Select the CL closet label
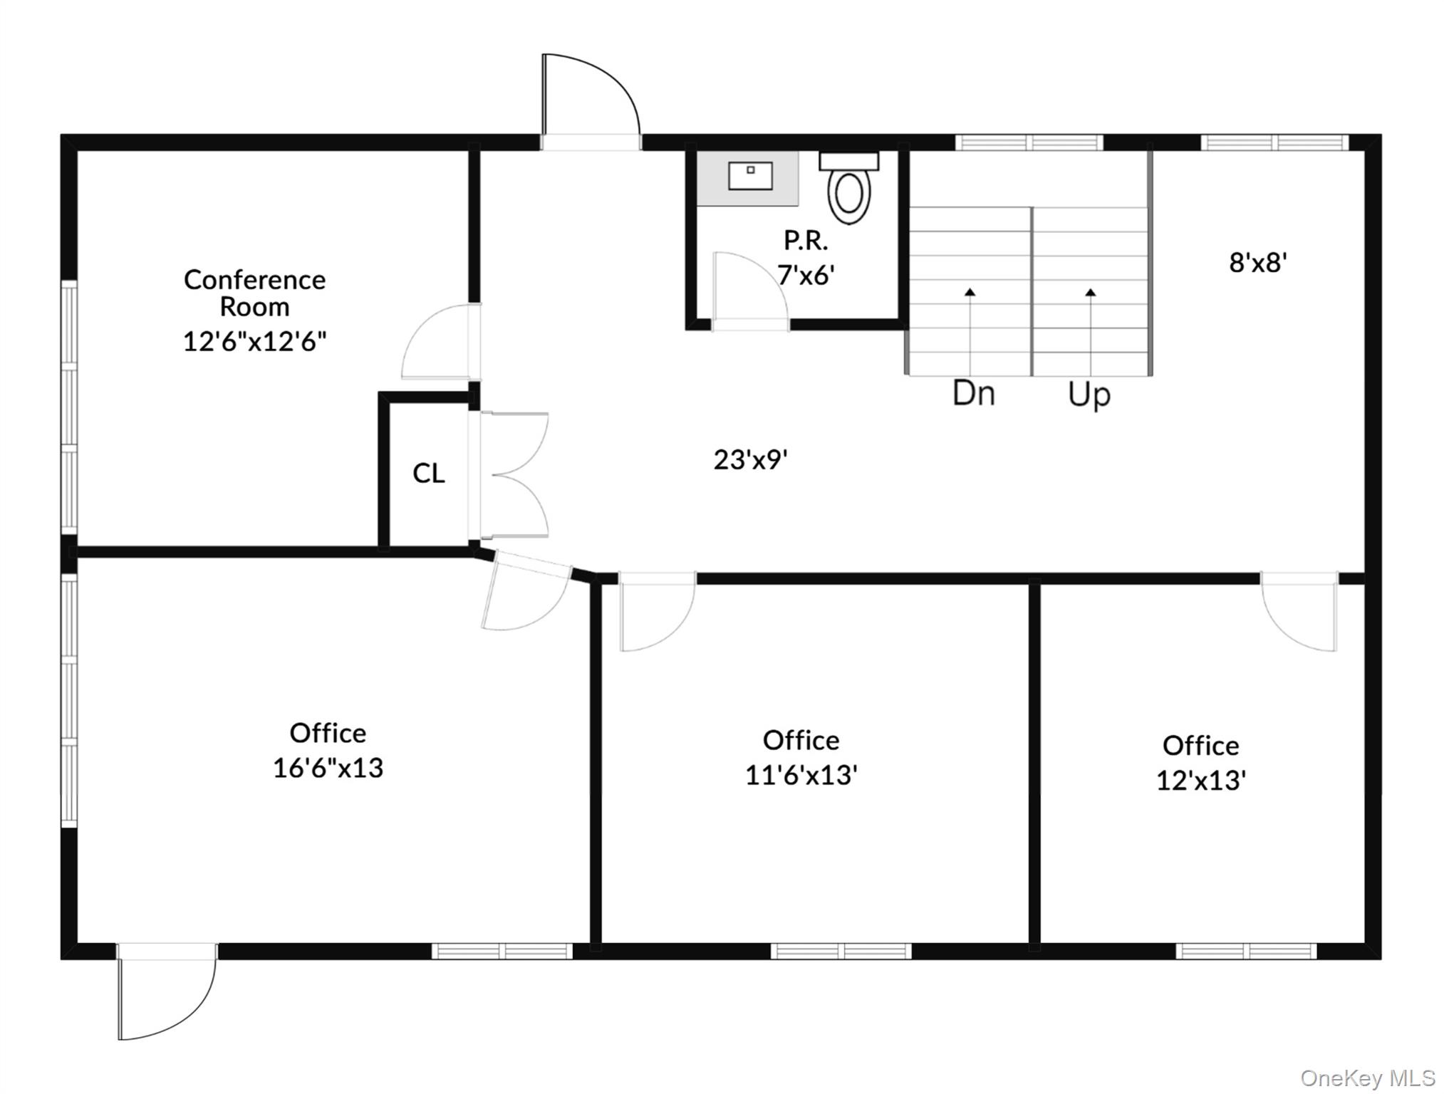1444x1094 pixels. (x=429, y=473)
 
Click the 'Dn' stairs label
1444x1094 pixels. (x=974, y=393)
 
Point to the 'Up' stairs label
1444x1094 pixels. (x=1089, y=395)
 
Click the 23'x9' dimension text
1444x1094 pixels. (x=751, y=459)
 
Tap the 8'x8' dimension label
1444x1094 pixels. (x=1258, y=263)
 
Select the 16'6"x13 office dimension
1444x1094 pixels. (x=328, y=768)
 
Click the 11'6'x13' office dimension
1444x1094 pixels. (x=801, y=775)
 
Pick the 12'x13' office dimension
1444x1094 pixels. (x=1201, y=781)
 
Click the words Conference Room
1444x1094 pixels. (x=255, y=293)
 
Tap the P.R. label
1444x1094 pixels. (x=806, y=241)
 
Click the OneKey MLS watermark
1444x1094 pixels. (x=1368, y=1078)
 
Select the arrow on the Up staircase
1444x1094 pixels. (x=1091, y=332)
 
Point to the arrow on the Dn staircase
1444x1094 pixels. (x=970, y=332)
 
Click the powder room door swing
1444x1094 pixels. (x=751, y=289)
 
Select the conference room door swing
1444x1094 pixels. (x=440, y=342)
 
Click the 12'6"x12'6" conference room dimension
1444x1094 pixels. (x=255, y=341)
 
